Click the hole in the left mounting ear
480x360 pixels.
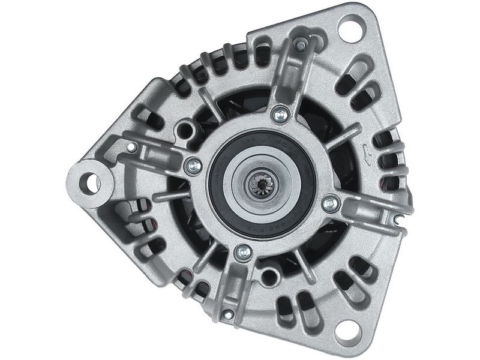[x=92, y=182]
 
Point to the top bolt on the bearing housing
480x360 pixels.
[x=279, y=112]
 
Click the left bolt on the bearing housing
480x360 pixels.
[x=194, y=166]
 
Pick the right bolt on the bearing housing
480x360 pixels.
[x=329, y=203]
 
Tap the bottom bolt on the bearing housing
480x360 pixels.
[x=242, y=250]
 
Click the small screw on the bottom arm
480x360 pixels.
[x=227, y=314]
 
